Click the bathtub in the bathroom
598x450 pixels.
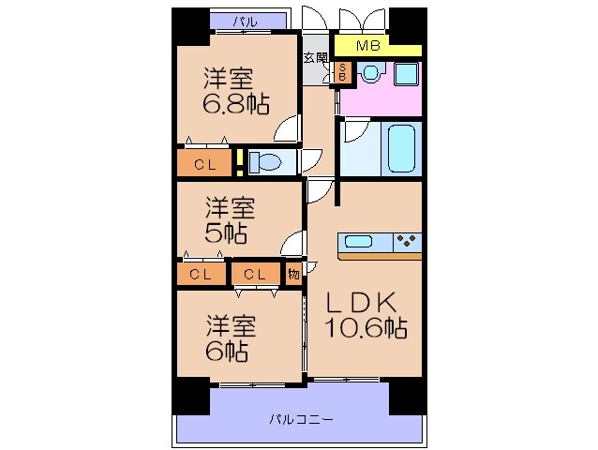[394, 148]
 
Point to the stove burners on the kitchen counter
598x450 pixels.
[408, 241]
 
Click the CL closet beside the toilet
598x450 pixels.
[205, 164]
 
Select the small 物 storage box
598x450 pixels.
[295, 274]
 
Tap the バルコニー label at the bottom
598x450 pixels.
[302, 418]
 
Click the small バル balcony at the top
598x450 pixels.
[245, 20]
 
